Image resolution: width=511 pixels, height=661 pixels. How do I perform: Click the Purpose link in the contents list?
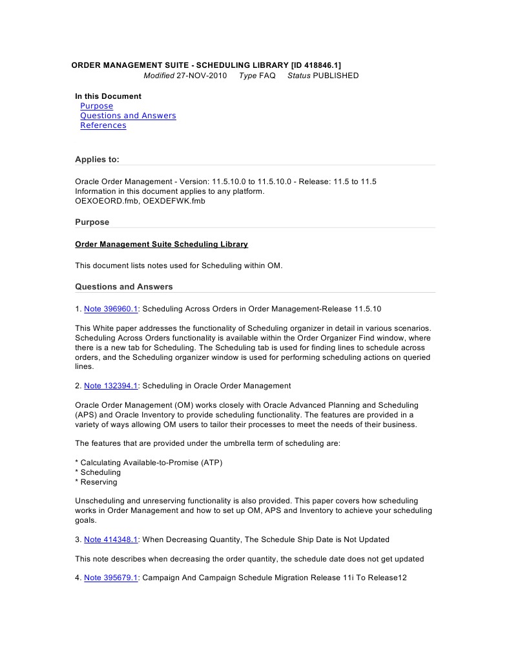tap(96, 106)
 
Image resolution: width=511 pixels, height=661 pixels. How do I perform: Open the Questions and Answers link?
tap(128, 116)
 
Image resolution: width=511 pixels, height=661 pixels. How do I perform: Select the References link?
tap(103, 125)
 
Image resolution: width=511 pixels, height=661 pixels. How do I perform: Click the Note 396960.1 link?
tap(110, 309)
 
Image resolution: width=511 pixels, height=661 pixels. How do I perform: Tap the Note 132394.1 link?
tap(110, 386)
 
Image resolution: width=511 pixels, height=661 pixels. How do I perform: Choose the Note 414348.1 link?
tap(110, 540)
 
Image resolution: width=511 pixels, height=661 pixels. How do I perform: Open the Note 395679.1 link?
tap(110, 578)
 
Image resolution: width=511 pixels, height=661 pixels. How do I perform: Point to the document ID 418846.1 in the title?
tap(316, 65)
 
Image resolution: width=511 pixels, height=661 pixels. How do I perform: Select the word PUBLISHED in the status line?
tap(335, 76)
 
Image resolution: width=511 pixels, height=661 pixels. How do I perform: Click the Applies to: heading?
tap(97, 159)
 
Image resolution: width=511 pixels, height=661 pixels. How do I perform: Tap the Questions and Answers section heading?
tap(123, 286)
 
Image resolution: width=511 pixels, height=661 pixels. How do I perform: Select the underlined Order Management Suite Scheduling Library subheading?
tap(162, 244)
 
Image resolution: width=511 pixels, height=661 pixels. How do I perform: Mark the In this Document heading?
tap(108, 96)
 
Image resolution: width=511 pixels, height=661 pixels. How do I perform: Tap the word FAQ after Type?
tap(267, 76)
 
